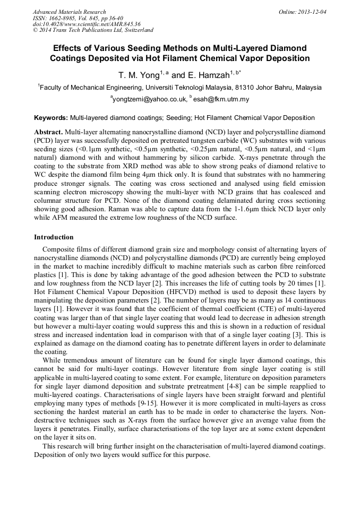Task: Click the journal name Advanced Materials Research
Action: (x=69, y=12)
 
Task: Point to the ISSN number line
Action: (x=78, y=18)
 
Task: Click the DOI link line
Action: (x=87, y=24)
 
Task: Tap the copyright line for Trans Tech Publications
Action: (x=93, y=30)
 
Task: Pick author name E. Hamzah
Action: (x=208, y=75)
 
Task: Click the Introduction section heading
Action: (x=54, y=237)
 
